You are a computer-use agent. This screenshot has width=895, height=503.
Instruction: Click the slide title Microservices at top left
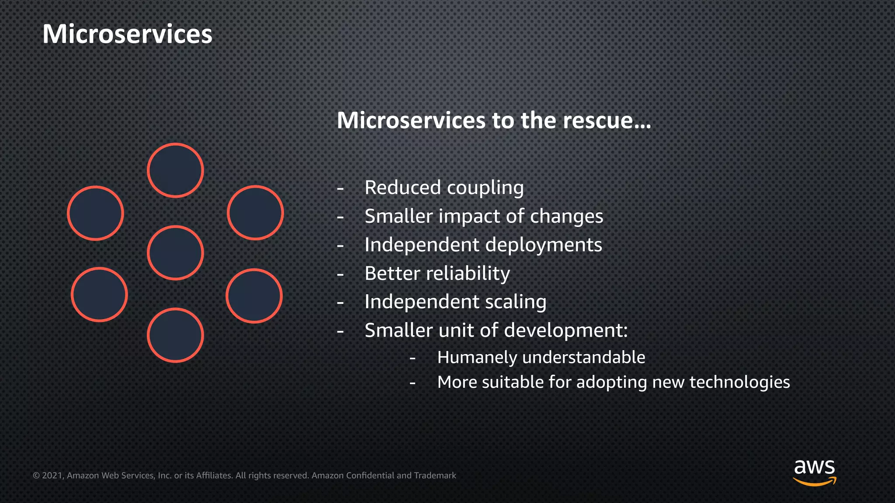[x=127, y=34]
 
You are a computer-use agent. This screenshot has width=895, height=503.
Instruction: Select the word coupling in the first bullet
[x=485, y=188]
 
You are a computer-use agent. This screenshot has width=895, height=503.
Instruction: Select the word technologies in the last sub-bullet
[x=739, y=382]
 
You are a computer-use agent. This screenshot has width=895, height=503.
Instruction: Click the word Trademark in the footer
[x=435, y=475]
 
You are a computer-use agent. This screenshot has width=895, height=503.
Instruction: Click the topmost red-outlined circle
[x=175, y=170]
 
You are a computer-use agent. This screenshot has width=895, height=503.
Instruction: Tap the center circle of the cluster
[x=175, y=253]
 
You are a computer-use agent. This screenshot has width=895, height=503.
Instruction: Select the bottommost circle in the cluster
[x=175, y=335]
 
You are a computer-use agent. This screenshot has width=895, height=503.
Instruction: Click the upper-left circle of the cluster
[x=96, y=213]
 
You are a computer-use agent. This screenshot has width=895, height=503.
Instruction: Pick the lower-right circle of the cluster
[x=254, y=296]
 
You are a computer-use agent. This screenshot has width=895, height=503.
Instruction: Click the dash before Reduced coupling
[x=340, y=189]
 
